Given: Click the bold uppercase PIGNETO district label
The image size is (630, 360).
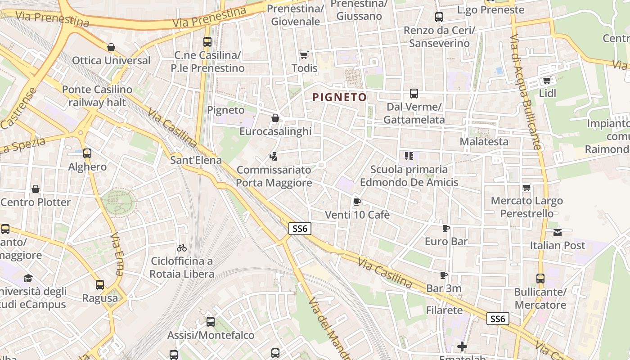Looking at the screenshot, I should [x=339, y=97].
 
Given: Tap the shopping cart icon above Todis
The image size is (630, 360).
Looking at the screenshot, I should [x=304, y=55].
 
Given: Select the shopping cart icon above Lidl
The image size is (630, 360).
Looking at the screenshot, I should [x=547, y=81].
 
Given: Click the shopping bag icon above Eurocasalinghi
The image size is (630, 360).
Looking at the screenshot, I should [x=275, y=118].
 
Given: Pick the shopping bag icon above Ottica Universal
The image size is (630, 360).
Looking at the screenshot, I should [x=111, y=47].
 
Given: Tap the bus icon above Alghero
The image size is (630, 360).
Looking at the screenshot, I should [x=87, y=153].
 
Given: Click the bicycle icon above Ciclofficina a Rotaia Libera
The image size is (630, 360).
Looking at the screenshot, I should [x=182, y=248].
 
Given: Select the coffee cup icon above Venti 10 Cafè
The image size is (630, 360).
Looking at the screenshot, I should [x=357, y=202].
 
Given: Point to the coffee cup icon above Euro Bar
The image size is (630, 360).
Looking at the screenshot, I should [x=446, y=229].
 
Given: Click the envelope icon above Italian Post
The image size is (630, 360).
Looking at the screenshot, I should [x=558, y=232].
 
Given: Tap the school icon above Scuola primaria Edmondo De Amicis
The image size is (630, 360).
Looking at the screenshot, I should [x=409, y=156].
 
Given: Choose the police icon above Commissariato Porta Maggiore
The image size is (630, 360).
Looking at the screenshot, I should [x=273, y=157].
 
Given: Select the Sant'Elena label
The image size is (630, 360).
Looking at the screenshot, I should [x=196, y=160].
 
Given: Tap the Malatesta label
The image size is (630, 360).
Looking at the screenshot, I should [x=484, y=142].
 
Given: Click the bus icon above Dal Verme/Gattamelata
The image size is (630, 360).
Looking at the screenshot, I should [x=414, y=94].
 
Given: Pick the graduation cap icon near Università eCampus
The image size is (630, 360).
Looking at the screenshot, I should [x=28, y=278].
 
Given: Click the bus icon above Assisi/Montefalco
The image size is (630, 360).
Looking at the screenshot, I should [x=211, y=322].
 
